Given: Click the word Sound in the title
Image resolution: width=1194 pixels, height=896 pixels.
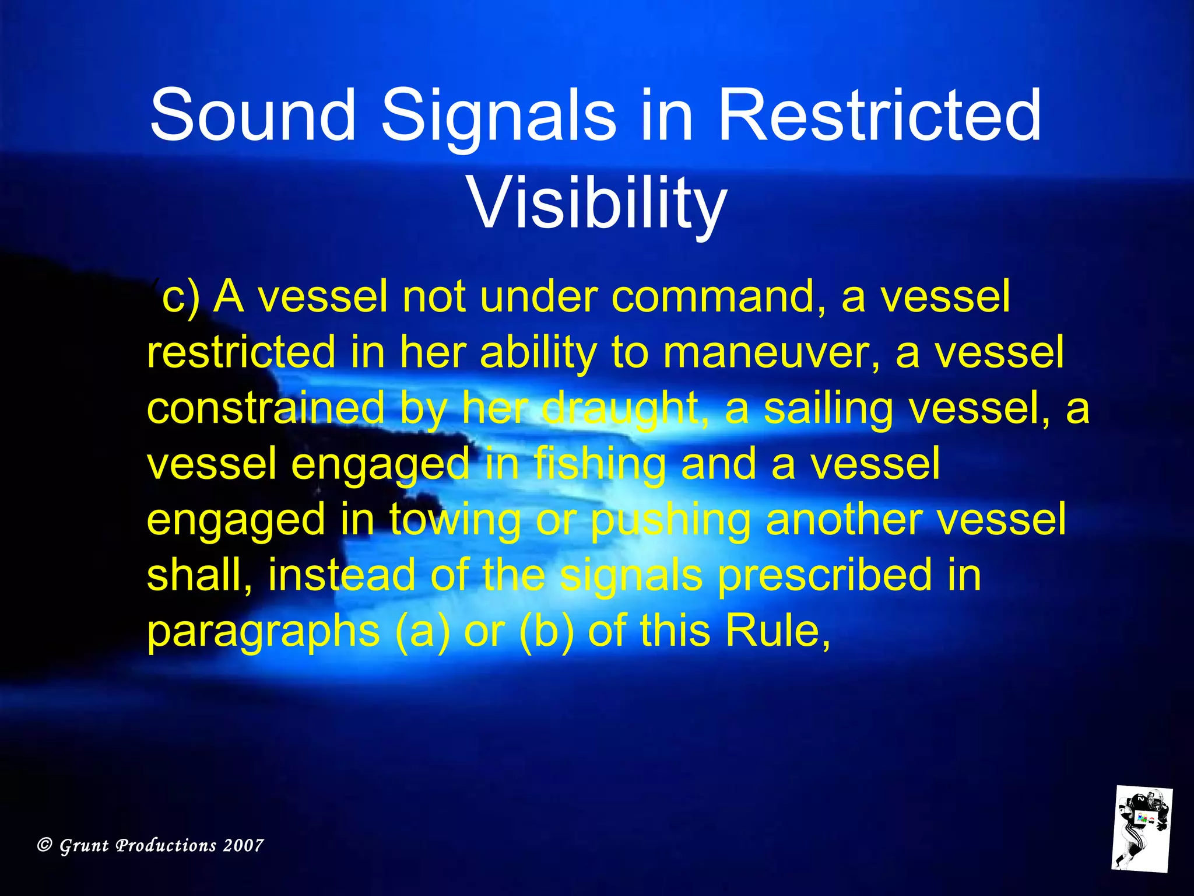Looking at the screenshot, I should pyautogui.click(x=252, y=115).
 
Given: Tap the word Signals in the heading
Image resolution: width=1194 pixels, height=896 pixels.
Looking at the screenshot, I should pyautogui.click(x=498, y=115).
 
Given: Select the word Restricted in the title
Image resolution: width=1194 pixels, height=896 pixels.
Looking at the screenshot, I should pyautogui.click(x=879, y=115).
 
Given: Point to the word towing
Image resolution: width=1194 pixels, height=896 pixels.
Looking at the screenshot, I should pyautogui.click(x=455, y=520).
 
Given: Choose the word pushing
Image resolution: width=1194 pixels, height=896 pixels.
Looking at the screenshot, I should pyautogui.click(x=670, y=520).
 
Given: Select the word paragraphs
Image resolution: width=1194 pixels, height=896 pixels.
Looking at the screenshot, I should pyautogui.click(x=263, y=632).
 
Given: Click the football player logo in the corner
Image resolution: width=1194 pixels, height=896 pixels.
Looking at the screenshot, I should pyautogui.click(x=1142, y=829).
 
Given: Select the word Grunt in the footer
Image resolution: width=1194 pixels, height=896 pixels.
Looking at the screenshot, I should pyautogui.click(x=85, y=846).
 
